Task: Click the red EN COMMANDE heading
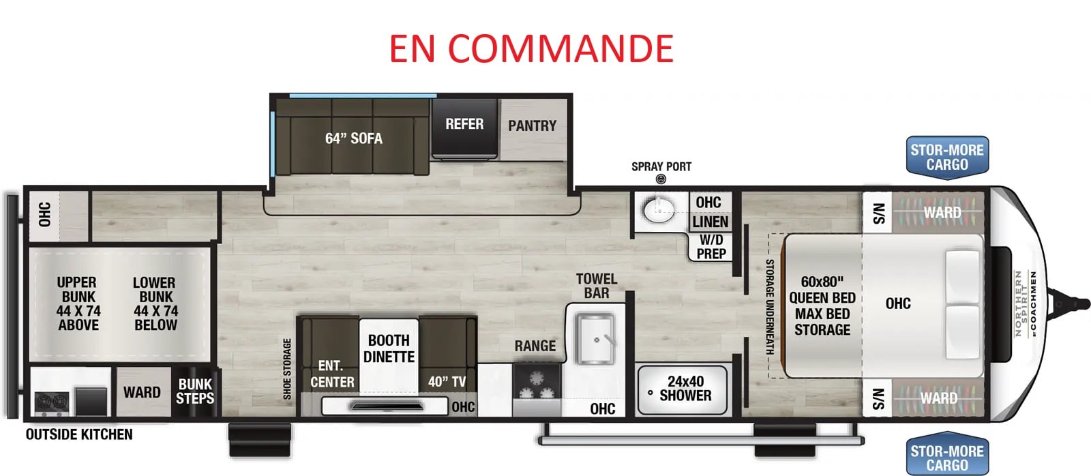531,48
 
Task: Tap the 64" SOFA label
354,139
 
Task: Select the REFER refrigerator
464,129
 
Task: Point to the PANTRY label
532,125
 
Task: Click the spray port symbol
661,179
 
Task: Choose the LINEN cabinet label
710,222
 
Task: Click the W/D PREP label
711,247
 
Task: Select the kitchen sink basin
596,339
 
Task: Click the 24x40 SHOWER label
685,388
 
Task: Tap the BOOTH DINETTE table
389,355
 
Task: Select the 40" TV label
447,381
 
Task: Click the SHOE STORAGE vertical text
287,369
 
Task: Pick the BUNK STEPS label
195,391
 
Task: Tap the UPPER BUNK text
78,289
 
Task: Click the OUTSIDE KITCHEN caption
79,434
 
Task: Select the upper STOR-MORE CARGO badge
947,158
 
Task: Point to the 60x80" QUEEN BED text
822,290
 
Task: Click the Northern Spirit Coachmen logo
1025,303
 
